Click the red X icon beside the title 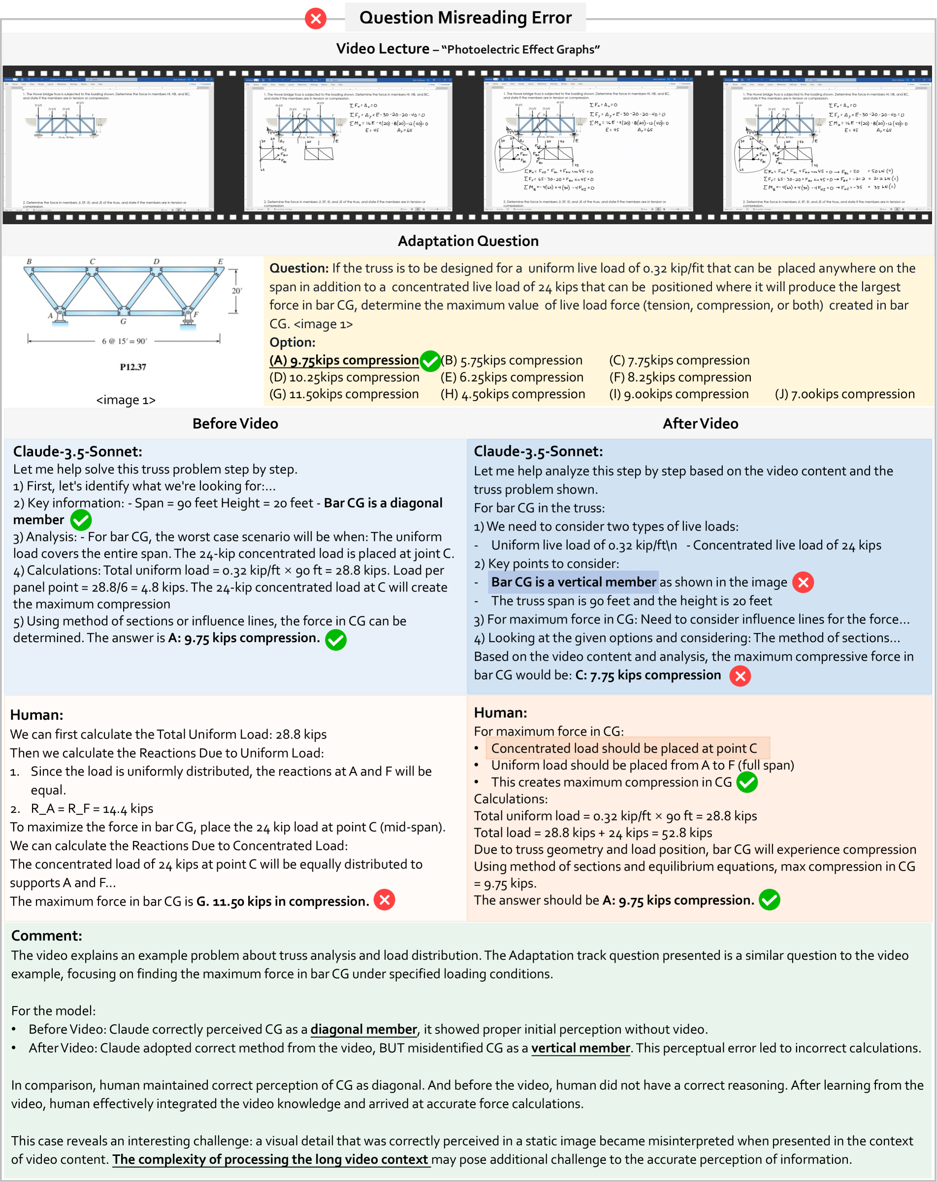pos(316,19)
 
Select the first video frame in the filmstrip pos(109,145)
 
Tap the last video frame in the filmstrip pos(827,145)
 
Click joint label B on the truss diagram pos(29,262)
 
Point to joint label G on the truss pos(123,321)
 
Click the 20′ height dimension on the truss pos(237,291)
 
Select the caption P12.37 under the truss pos(133,367)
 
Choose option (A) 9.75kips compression pos(344,360)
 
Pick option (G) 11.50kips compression pos(344,394)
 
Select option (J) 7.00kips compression pos(844,394)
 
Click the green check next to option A pos(430,361)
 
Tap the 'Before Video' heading pos(235,424)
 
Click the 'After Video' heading pos(700,424)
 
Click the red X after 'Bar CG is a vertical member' pos(803,582)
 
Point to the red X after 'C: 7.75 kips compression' pos(740,676)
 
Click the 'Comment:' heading pos(47,936)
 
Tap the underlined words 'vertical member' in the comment pos(581,1048)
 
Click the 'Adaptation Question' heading pos(468,241)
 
